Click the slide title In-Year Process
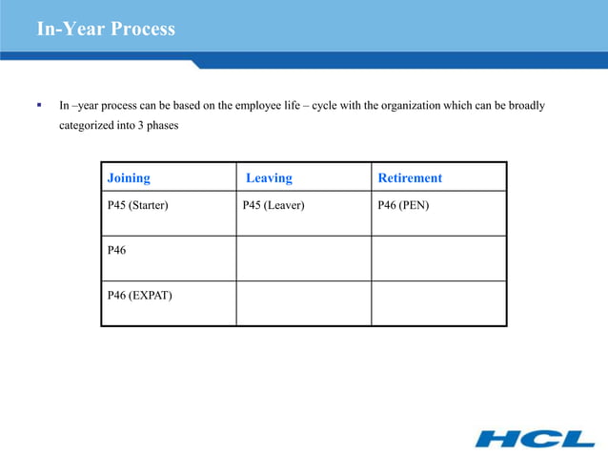[x=106, y=29]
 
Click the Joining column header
[x=129, y=178]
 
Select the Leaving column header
[x=269, y=178]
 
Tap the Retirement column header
[x=410, y=178]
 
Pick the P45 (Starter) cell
[x=138, y=204]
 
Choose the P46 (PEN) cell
[x=404, y=204]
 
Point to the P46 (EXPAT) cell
[x=139, y=295]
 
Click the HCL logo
[x=534, y=438]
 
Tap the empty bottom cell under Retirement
[x=438, y=303]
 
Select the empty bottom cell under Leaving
[x=303, y=303]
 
